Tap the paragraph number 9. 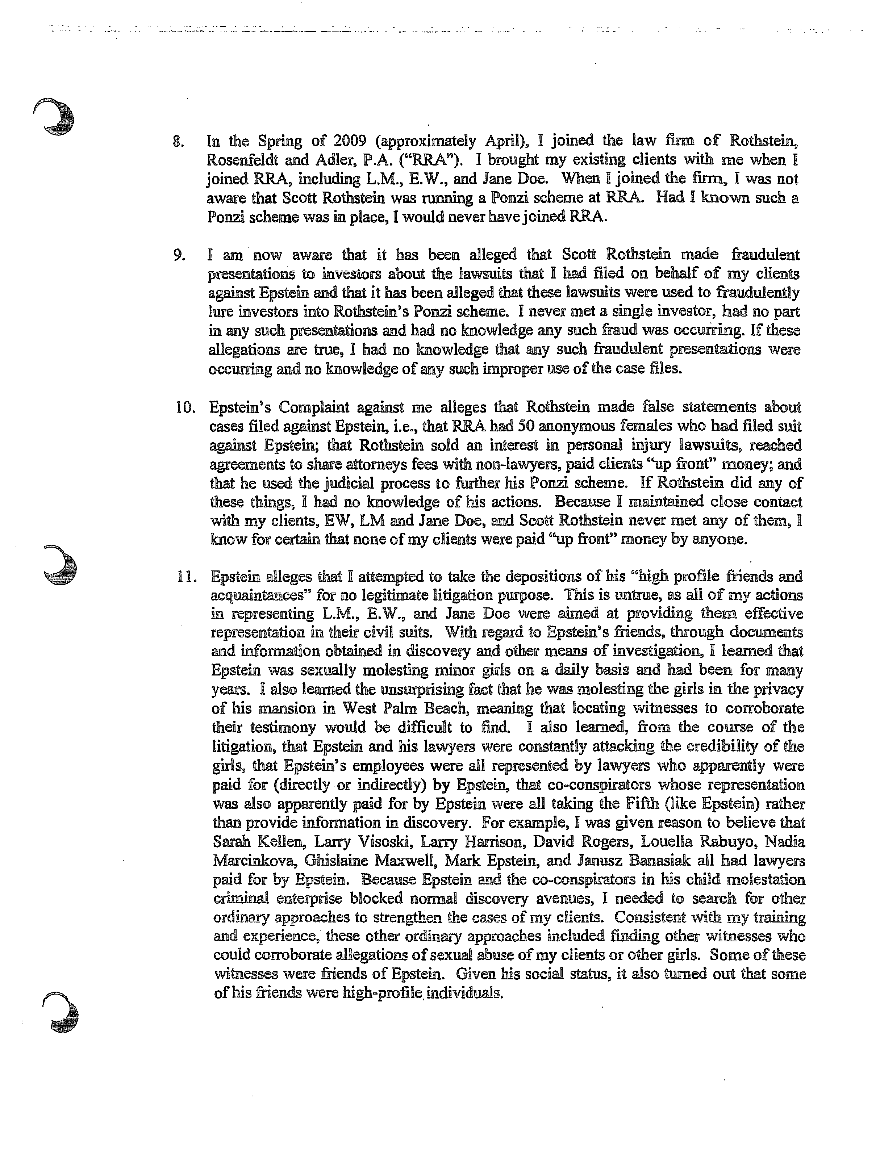tap(179, 256)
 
